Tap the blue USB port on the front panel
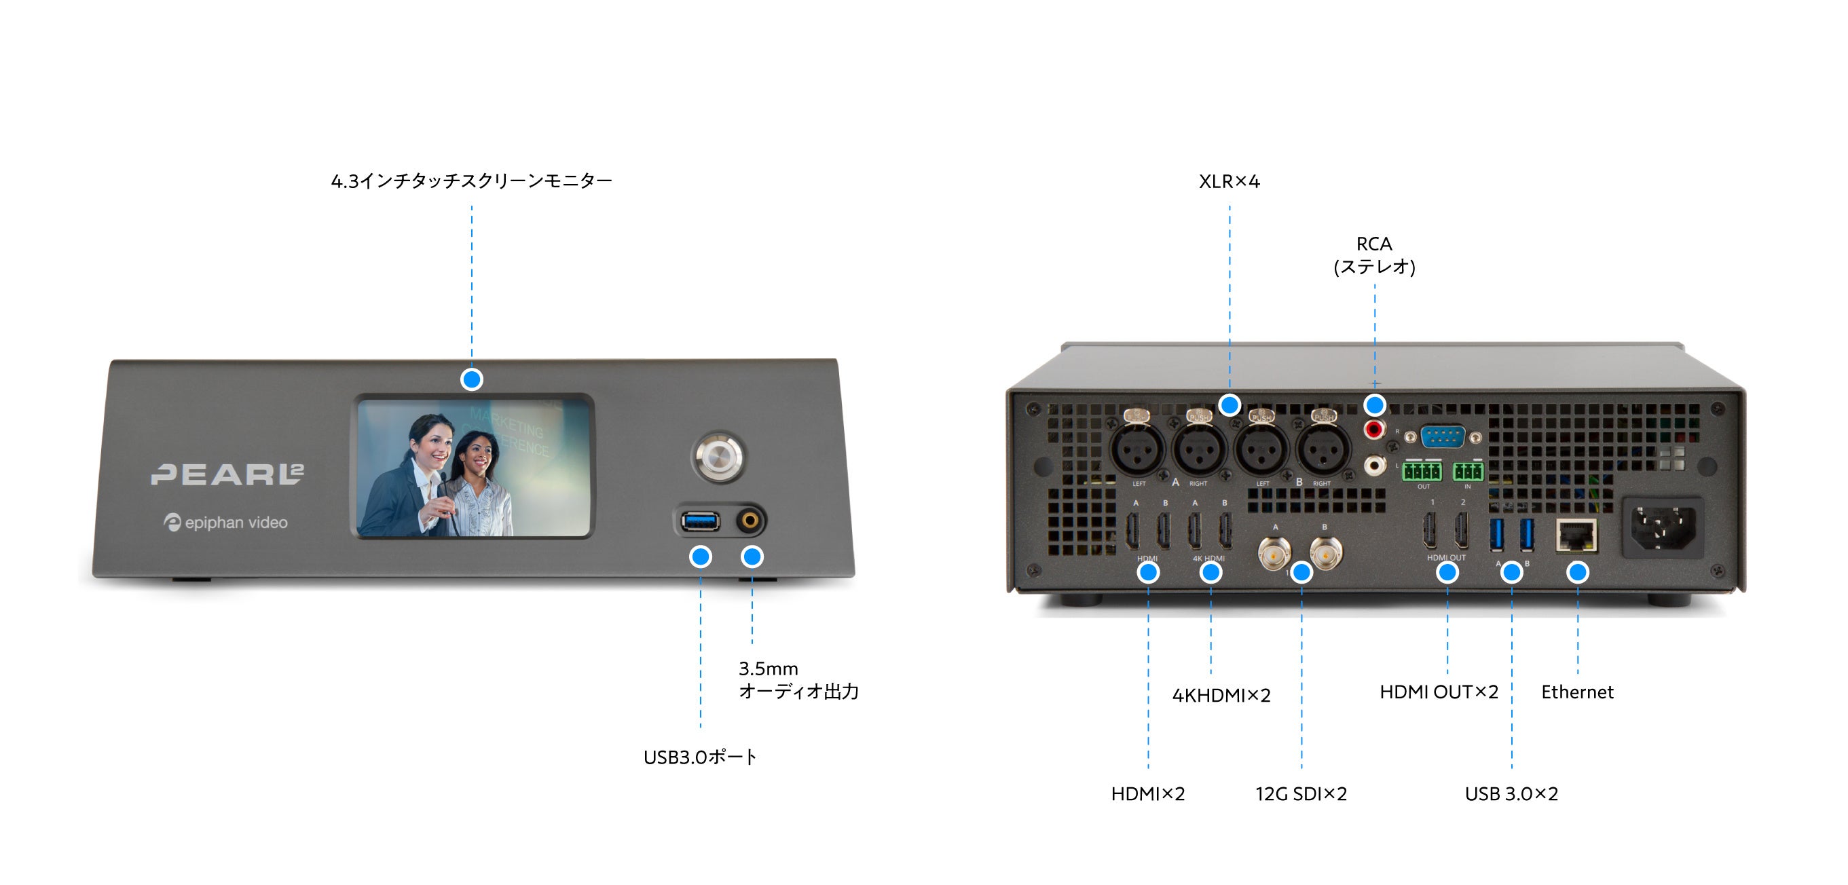[700, 520]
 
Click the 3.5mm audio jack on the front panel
[750, 520]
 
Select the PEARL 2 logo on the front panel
[227, 473]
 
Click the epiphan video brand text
[226, 523]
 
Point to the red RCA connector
[1374, 430]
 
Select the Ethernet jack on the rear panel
[1576, 535]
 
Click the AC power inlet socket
[1663, 527]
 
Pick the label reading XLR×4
[1229, 181]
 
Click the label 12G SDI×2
[1301, 794]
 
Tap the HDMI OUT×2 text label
[1439, 692]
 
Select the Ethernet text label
[1577, 692]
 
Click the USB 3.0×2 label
[1511, 794]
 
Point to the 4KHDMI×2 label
[1221, 695]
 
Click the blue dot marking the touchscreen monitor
[471, 379]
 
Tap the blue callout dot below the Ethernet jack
[1577, 571]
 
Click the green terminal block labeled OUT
[1421, 471]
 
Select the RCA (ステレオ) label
[1374, 255]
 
